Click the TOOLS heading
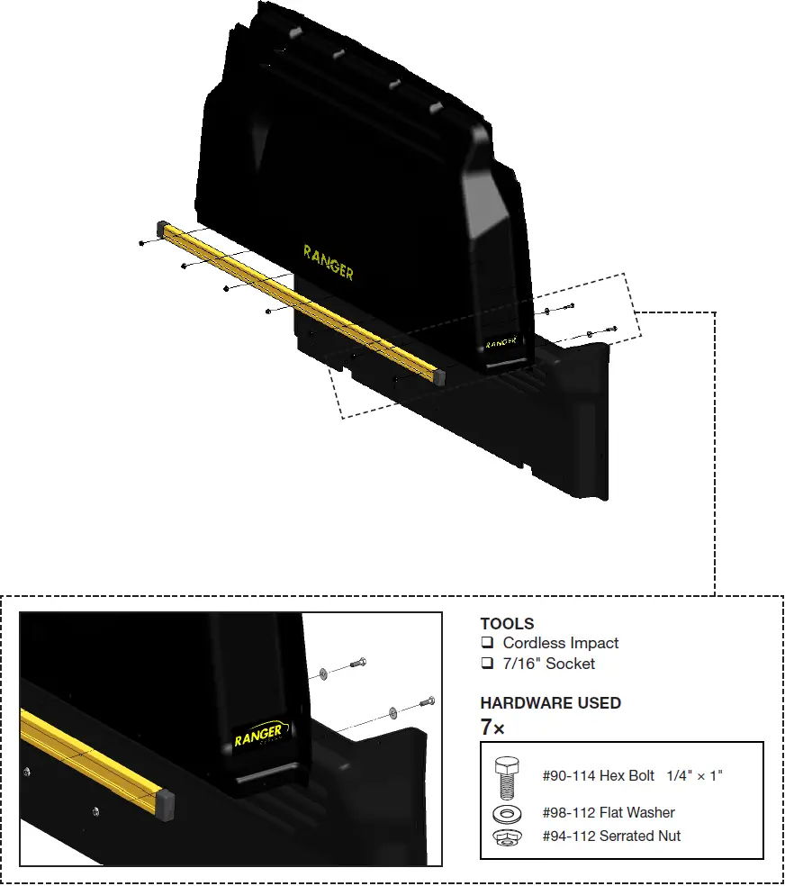coord(507,623)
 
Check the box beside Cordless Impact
coord(487,643)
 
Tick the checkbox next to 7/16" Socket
coord(487,664)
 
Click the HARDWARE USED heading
coord(550,703)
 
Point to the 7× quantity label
coord(492,728)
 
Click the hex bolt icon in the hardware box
coord(505,775)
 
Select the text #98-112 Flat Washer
coord(609,813)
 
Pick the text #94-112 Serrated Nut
coord(611,836)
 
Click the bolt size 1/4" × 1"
coord(695,775)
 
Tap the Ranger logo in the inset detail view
coord(262,737)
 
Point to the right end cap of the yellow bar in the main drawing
coord(439,376)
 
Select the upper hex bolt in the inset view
coord(357,664)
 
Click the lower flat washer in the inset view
coord(392,713)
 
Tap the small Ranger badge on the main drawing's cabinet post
coord(501,343)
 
